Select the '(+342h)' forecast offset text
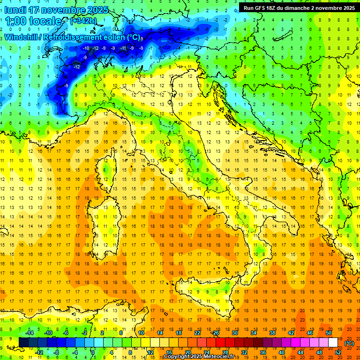(x=83, y=22)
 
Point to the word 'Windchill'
(x=21, y=37)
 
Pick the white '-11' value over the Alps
(x=123, y=48)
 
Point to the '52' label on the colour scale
(x=338, y=352)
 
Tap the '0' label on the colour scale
(x=92, y=352)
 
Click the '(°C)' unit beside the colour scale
(x=349, y=343)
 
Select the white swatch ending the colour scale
(x=333, y=342)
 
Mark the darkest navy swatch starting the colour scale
(x=23, y=342)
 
